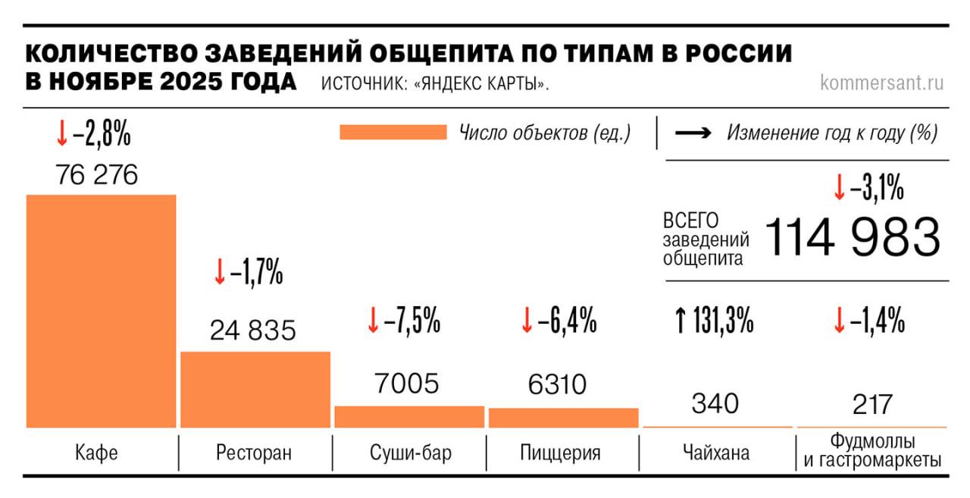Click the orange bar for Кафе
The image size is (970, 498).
[x=101, y=311]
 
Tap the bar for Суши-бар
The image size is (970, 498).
[x=409, y=417]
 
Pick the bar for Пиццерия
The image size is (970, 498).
[x=563, y=418]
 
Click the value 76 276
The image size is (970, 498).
[x=96, y=175]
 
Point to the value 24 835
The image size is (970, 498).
[x=253, y=330]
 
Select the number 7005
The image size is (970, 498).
[x=407, y=384]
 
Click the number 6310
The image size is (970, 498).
[x=557, y=384]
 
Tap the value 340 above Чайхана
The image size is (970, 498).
[x=715, y=403]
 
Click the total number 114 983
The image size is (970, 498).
[x=853, y=236]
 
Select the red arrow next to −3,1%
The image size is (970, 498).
[x=838, y=189]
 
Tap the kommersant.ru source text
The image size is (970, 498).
[x=881, y=83]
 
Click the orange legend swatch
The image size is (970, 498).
[x=393, y=133]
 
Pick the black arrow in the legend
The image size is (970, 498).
[x=693, y=133]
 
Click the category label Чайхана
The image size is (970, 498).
[x=715, y=453]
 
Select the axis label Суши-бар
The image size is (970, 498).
[x=410, y=453]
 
